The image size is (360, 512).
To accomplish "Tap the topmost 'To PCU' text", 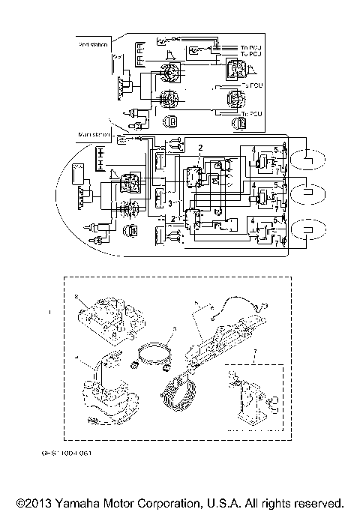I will [x=250, y=47].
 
